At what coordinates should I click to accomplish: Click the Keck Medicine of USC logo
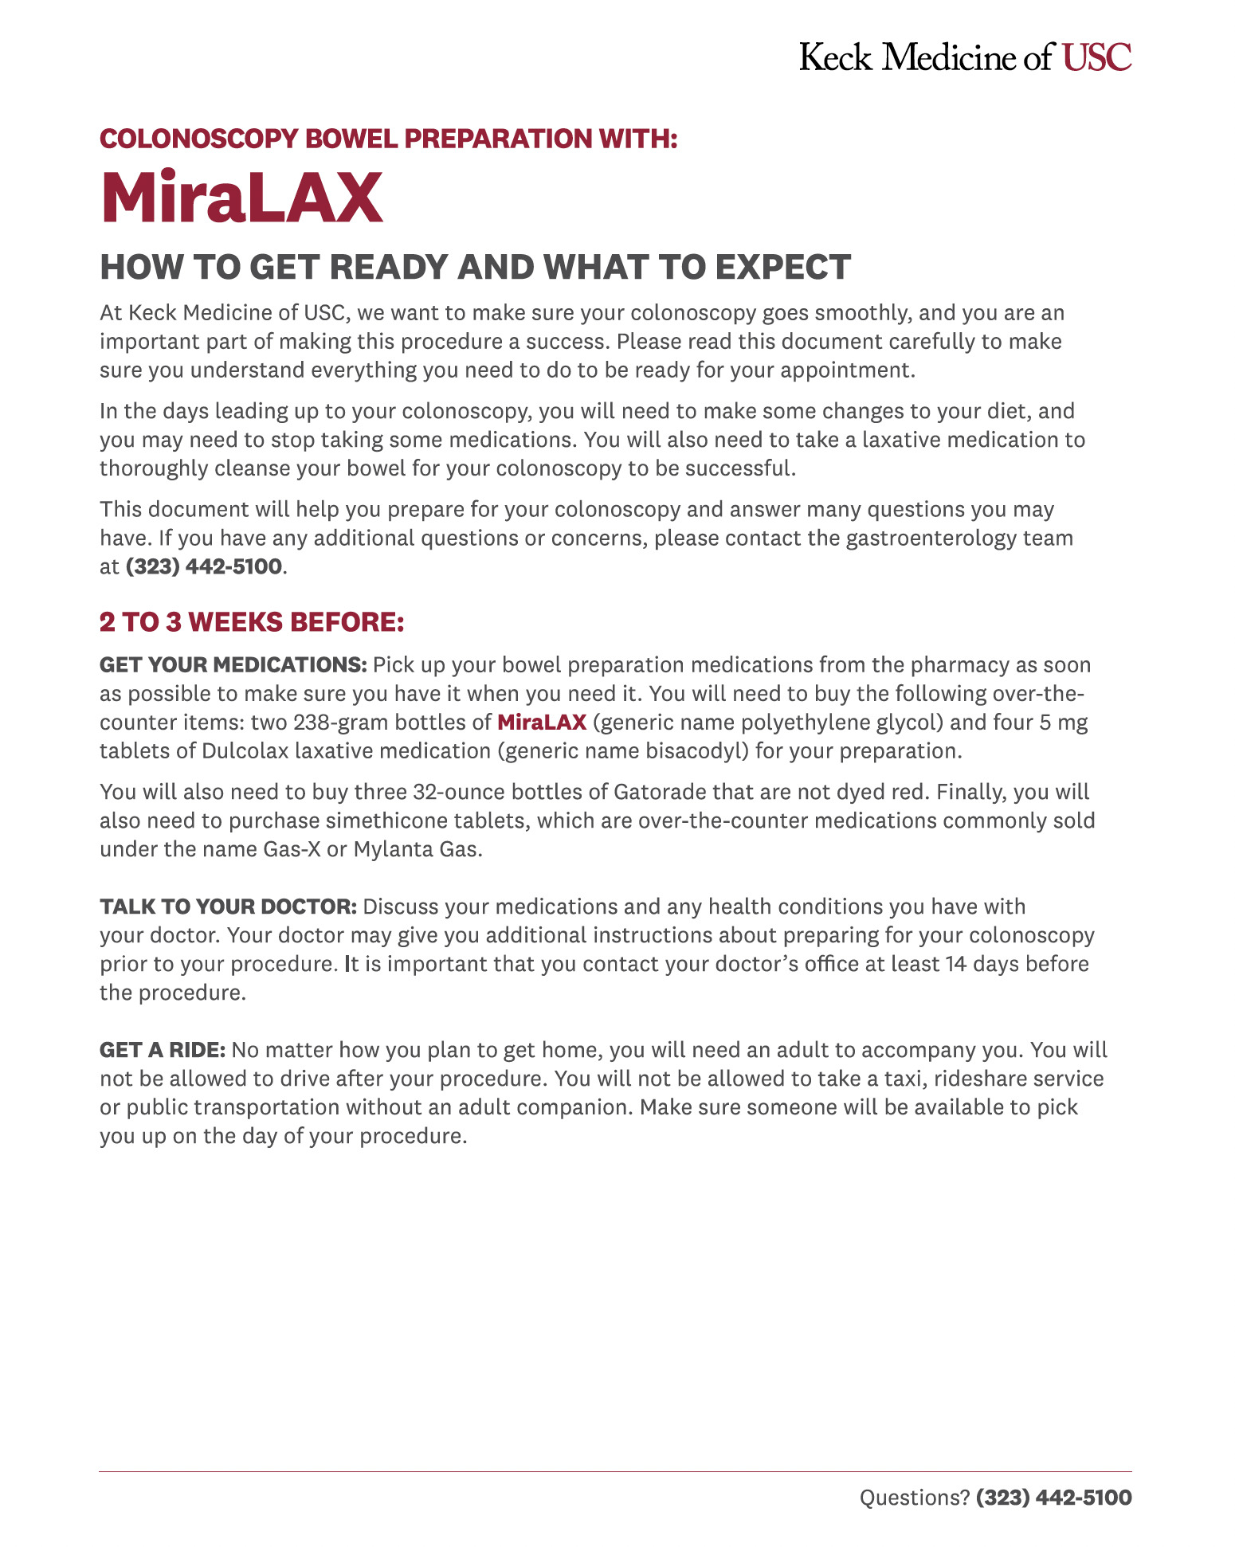click(x=965, y=57)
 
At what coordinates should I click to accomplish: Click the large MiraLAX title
click(x=241, y=198)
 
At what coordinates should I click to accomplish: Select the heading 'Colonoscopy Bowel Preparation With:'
click(x=388, y=139)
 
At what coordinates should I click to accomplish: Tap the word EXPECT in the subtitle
click(x=783, y=267)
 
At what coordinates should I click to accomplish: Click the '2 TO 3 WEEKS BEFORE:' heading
click(x=252, y=622)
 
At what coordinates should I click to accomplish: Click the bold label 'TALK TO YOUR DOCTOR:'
click(x=229, y=907)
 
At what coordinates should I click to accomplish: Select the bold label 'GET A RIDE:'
click(x=163, y=1050)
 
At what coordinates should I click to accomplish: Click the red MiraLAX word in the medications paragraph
click(x=542, y=723)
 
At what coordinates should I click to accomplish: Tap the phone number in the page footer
click(x=1053, y=1498)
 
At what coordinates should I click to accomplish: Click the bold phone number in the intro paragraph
click(x=204, y=566)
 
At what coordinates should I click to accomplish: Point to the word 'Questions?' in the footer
click(x=915, y=1498)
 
